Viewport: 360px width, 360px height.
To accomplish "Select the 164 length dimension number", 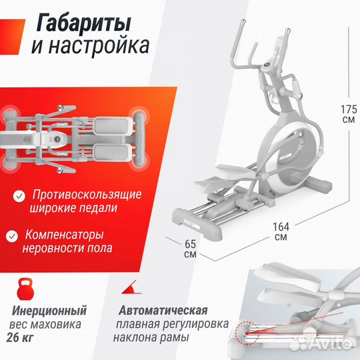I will pyautogui.click(x=281, y=226).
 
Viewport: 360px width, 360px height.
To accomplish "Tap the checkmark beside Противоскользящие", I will pyautogui.click(x=18, y=195).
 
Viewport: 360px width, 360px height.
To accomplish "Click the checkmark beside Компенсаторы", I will pyautogui.click(x=12, y=235).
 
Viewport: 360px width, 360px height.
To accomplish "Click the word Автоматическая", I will pyautogui.click(x=164, y=311).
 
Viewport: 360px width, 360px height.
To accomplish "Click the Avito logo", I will pyautogui.click(x=327, y=344).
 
